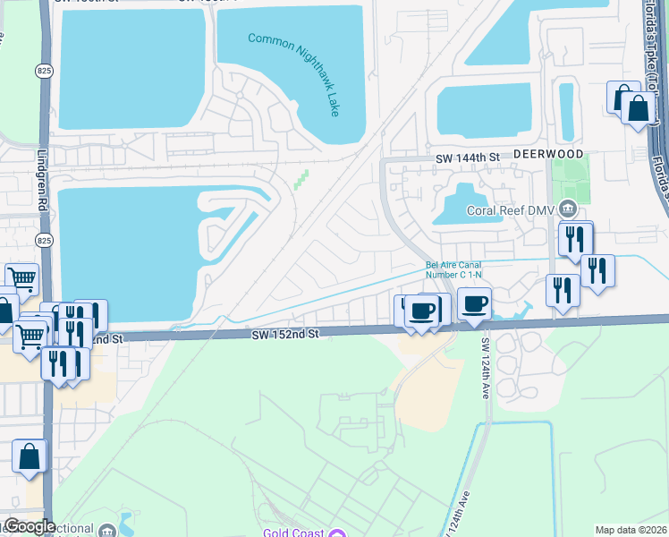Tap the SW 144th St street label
(467, 158)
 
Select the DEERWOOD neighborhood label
(548, 155)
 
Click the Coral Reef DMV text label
(512, 211)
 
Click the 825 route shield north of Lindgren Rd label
(44, 70)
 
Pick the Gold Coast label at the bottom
(293, 534)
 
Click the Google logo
(29, 526)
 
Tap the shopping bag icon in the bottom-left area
(30, 456)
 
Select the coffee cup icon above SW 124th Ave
(474, 305)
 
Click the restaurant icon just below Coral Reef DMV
(573, 239)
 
